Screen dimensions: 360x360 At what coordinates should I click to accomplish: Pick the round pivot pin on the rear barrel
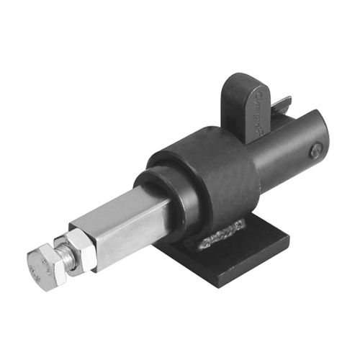(315, 150)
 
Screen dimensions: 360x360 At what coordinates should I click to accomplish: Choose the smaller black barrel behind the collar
(288, 151)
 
